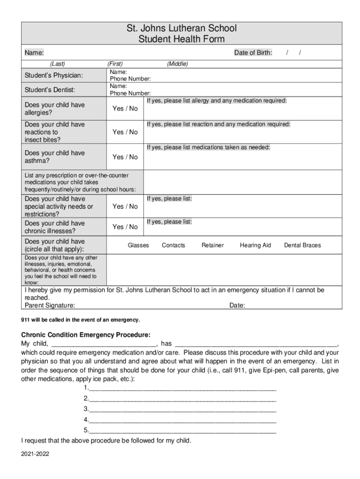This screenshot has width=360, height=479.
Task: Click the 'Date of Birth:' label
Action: pyautogui.click(x=253, y=53)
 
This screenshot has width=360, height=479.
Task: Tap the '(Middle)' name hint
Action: pyautogui.click(x=177, y=64)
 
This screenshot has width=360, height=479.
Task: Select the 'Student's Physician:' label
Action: pyautogui.click(x=54, y=75)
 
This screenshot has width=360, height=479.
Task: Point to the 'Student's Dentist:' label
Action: pyautogui.click(x=50, y=90)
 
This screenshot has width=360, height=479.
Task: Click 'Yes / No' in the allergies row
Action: pyautogui.click(x=125, y=109)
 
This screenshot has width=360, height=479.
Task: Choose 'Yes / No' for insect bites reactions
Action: pyautogui.click(x=125, y=132)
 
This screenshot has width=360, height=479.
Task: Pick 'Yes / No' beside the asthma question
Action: pyautogui.click(x=125, y=157)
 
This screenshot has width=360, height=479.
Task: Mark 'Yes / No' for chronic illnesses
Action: pyautogui.click(x=125, y=227)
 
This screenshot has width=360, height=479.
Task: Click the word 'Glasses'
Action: pyautogui.click(x=138, y=245)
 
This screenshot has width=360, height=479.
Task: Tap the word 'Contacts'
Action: pyautogui.click(x=173, y=245)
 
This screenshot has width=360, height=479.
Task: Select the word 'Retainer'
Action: pyautogui.click(x=213, y=245)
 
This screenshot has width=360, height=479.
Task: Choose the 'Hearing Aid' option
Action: pyautogui.click(x=255, y=245)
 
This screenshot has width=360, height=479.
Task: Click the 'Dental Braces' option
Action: pyautogui.click(x=302, y=245)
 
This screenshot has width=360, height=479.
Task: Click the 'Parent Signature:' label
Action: pyautogui.click(x=50, y=305)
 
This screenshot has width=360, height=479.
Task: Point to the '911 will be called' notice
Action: pyautogui.click(x=80, y=319)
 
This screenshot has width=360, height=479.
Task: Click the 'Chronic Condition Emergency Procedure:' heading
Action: pyautogui.click(x=86, y=335)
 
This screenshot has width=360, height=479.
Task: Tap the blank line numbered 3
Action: pyautogui.click(x=182, y=409)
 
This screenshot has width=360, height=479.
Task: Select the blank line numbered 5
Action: pyautogui.click(x=182, y=430)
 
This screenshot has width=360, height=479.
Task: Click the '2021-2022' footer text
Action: pyautogui.click(x=35, y=454)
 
